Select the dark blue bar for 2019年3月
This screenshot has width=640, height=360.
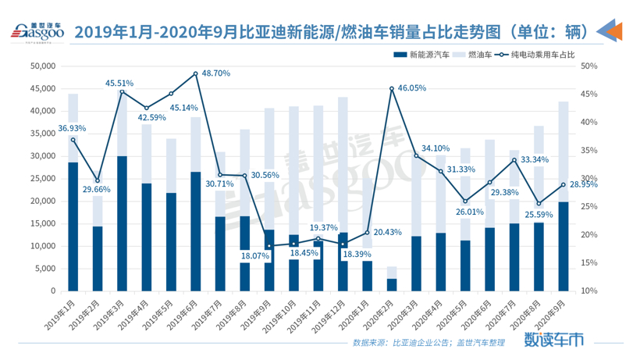point(122,223)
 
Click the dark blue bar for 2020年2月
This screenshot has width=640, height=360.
point(392,285)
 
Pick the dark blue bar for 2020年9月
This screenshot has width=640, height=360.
point(562,246)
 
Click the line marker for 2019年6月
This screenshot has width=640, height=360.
point(195,74)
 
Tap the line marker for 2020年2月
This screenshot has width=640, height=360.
point(392,89)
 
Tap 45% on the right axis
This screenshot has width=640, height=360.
point(589,94)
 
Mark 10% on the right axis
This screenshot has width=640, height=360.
point(589,291)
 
